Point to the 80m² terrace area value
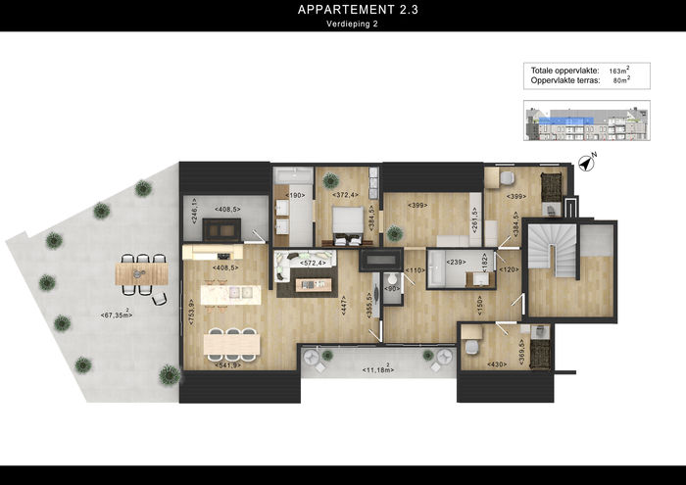point(620,81)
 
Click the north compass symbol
point(586,163)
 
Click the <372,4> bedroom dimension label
point(344,195)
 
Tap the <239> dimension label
point(456,263)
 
